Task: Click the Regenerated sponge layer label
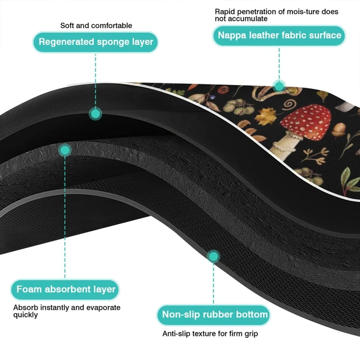pos(96,42)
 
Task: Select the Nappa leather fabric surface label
pos(279,35)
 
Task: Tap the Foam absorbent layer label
pos(65,289)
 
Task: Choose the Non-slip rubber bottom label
pos(214,315)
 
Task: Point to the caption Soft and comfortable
pos(96,25)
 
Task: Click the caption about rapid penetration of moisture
pos(276,15)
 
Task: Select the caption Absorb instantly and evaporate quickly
pos(67,311)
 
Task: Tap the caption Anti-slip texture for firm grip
pos(210,334)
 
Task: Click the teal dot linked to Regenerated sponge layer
pos(95,114)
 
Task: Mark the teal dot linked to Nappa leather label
pos(279,86)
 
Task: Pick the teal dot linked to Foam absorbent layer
pos(65,150)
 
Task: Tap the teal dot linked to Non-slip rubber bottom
pos(214,256)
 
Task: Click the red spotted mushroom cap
pos(307,121)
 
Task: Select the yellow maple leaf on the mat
pos(266,116)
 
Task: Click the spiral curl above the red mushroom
pos(290,104)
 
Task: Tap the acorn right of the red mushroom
pos(339,130)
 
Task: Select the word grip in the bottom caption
pos(251,334)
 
